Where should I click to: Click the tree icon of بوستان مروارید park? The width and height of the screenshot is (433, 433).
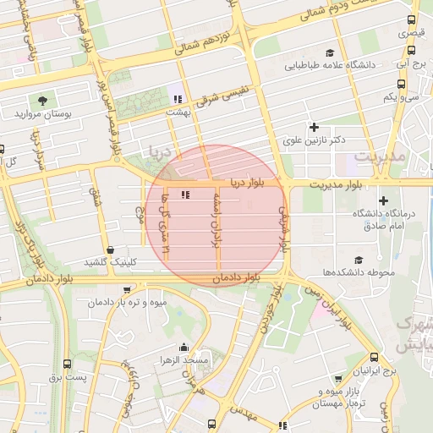click(43, 98)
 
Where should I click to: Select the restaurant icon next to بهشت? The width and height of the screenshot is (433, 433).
click(177, 98)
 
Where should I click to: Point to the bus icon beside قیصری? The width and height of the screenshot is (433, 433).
click(412, 20)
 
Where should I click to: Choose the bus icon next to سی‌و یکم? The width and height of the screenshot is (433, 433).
click(401, 84)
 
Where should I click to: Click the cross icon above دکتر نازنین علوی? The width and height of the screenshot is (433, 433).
click(314, 126)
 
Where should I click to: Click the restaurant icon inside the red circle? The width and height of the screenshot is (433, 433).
click(185, 195)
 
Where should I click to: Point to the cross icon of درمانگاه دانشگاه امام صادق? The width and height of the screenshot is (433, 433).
click(384, 200)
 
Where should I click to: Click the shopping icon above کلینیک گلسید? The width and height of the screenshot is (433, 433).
click(111, 249)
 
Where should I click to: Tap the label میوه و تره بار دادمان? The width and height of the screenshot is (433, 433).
click(131, 301)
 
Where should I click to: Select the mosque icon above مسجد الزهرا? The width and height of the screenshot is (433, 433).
click(184, 347)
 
